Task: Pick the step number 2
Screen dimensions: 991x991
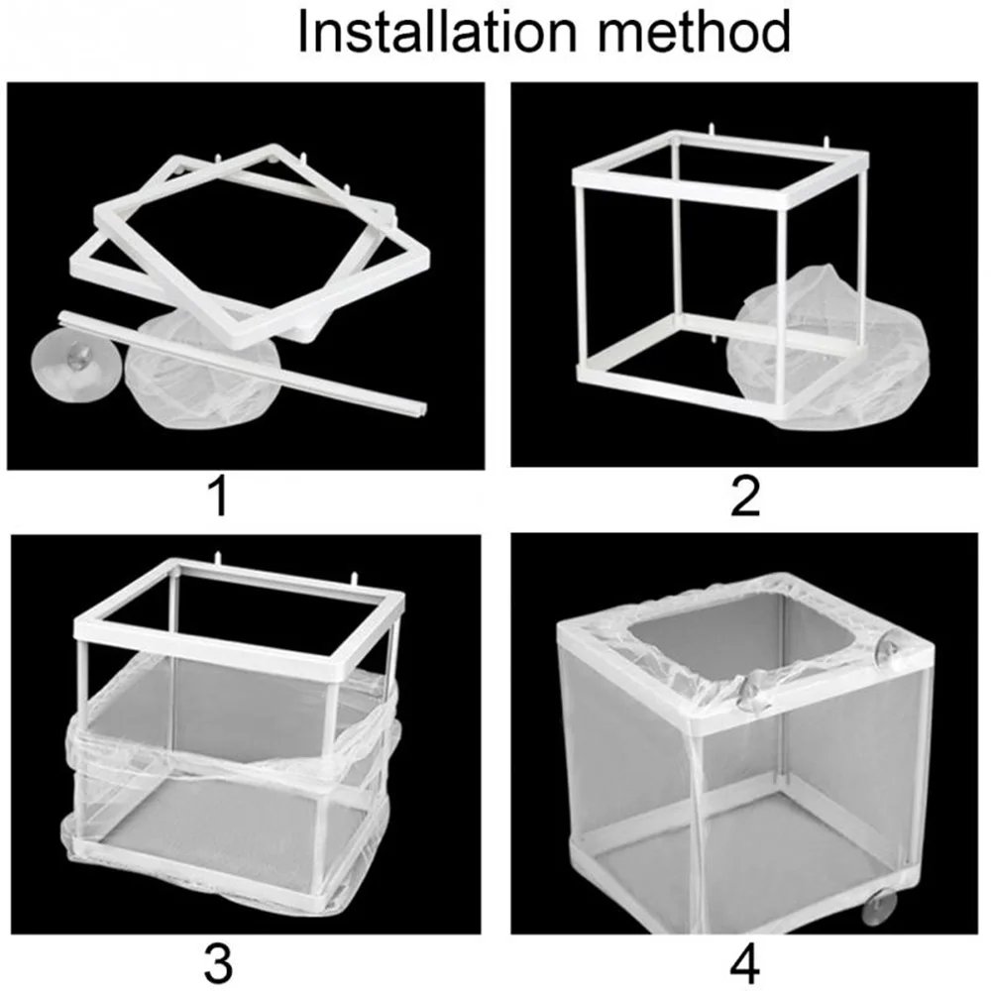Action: [x=744, y=496]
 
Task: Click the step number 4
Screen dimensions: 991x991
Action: [x=744, y=960]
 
